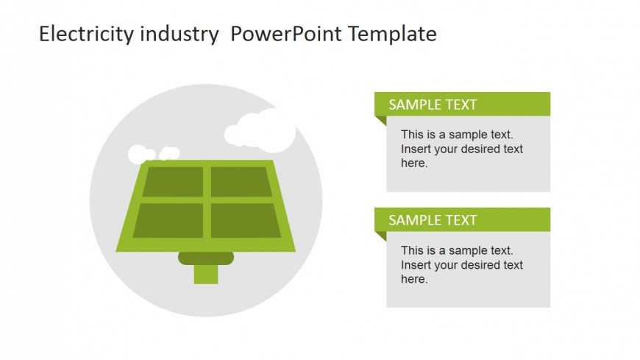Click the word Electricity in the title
coord(86,34)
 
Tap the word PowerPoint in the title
coord(285,34)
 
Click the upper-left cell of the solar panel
coord(173,181)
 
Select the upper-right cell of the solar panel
coord(241,181)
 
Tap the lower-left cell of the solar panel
coord(168,220)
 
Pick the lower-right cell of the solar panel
coord(246,220)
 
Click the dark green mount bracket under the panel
coord(206,258)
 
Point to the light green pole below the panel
coord(206,274)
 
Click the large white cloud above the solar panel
coord(260,130)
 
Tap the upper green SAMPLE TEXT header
coord(462,105)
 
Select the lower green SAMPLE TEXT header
coord(462,220)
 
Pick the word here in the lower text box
coord(414,279)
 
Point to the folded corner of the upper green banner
coord(380,121)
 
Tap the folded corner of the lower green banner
coord(380,236)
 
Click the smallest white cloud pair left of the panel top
coord(169,154)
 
